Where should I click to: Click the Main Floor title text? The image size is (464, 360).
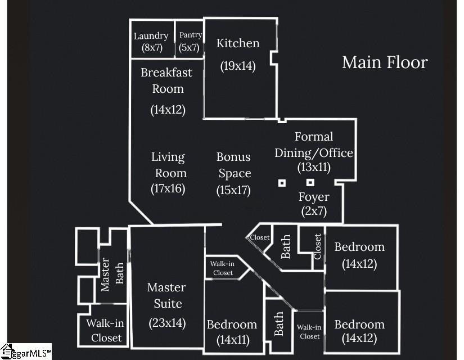click(x=385, y=62)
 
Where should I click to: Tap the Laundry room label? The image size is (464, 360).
click(x=151, y=37)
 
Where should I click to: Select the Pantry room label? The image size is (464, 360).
click(x=190, y=35)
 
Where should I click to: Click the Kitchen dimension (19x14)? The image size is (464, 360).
click(x=238, y=66)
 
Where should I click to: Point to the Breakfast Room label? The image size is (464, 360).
click(x=166, y=80)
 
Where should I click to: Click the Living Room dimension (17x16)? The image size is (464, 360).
click(x=168, y=189)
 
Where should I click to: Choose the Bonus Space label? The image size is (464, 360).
click(x=233, y=165)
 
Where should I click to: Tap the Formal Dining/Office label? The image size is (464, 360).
click(x=314, y=145)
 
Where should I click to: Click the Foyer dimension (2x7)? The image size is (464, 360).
click(x=314, y=213)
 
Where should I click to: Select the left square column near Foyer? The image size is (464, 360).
click(x=282, y=183)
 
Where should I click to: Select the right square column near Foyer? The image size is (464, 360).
click(x=310, y=183)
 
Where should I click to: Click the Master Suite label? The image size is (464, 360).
click(x=166, y=295)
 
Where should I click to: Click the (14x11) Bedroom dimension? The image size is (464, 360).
click(x=232, y=340)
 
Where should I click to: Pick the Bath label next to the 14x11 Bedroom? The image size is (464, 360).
click(x=278, y=325)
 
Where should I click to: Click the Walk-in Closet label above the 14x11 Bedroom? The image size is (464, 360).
click(x=222, y=268)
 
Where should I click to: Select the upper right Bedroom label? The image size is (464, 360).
click(x=359, y=247)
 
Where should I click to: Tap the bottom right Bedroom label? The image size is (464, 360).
click(x=359, y=325)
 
